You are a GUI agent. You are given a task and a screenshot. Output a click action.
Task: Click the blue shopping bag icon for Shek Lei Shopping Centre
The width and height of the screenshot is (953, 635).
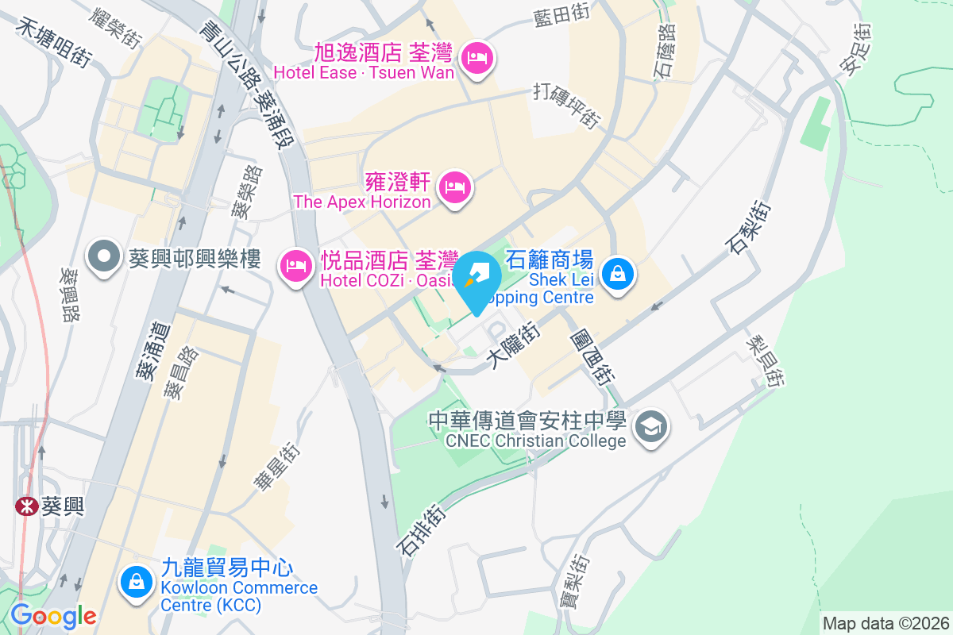tap(616, 275)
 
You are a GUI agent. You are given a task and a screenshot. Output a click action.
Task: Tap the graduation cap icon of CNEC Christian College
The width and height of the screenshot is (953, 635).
tap(651, 428)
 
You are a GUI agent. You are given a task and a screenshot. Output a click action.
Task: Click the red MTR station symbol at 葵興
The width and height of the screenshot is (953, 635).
tap(26, 506)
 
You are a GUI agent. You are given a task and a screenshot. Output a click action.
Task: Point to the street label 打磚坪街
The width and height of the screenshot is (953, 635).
tap(567, 106)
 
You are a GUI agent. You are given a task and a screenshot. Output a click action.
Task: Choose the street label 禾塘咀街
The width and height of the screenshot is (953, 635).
tap(55, 42)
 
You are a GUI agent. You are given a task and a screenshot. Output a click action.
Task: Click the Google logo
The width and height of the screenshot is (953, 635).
tap(53, 616)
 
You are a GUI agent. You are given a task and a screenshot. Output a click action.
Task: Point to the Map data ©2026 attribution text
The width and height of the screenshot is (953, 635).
tap(885, 623)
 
